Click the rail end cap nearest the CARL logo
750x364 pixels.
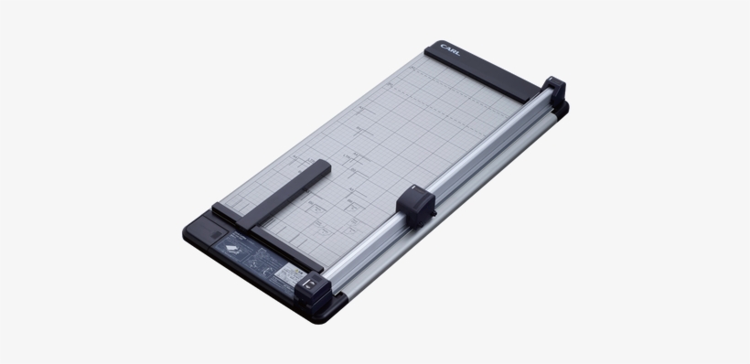(554, 91)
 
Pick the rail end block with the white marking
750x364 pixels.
(312, 287)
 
